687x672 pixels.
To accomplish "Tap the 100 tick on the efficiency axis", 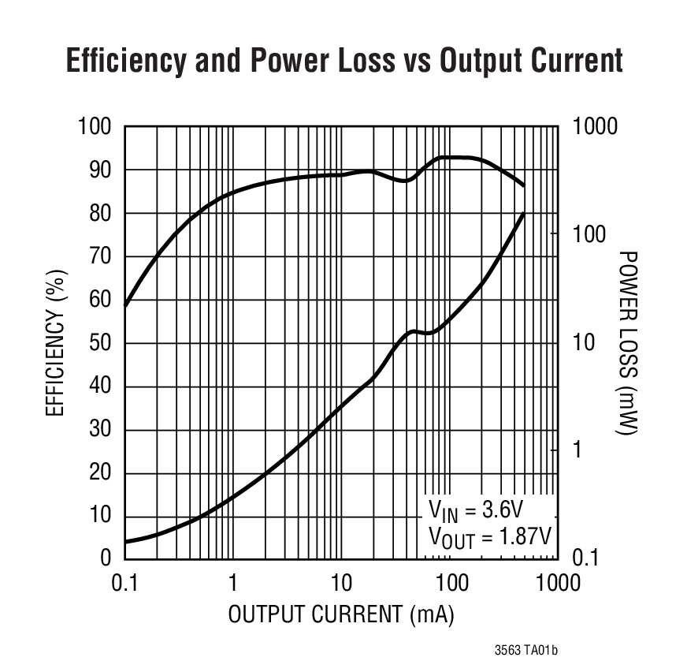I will (x=95, y=126).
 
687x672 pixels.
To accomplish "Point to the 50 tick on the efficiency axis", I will (x=100, y=343).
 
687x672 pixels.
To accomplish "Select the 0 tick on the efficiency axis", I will (x=106, y=558).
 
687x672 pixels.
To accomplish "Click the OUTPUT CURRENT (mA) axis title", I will (x=341, y=614).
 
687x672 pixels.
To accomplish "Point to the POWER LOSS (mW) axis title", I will (x=628, y=342).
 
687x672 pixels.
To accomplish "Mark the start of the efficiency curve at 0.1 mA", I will (x=125, y=304).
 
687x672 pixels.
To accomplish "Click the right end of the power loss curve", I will (x=524, y=214).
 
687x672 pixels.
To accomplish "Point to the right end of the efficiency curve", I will (x=524, y=186).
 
